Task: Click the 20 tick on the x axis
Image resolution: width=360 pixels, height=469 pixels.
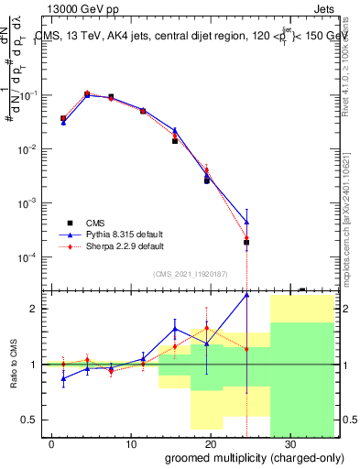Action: point(211,442)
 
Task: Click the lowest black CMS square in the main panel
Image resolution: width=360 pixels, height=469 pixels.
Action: point(246,243)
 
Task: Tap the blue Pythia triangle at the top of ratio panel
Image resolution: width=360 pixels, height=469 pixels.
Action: point(246,295)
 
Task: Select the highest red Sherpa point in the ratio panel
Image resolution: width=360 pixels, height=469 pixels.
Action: point(207,328)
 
